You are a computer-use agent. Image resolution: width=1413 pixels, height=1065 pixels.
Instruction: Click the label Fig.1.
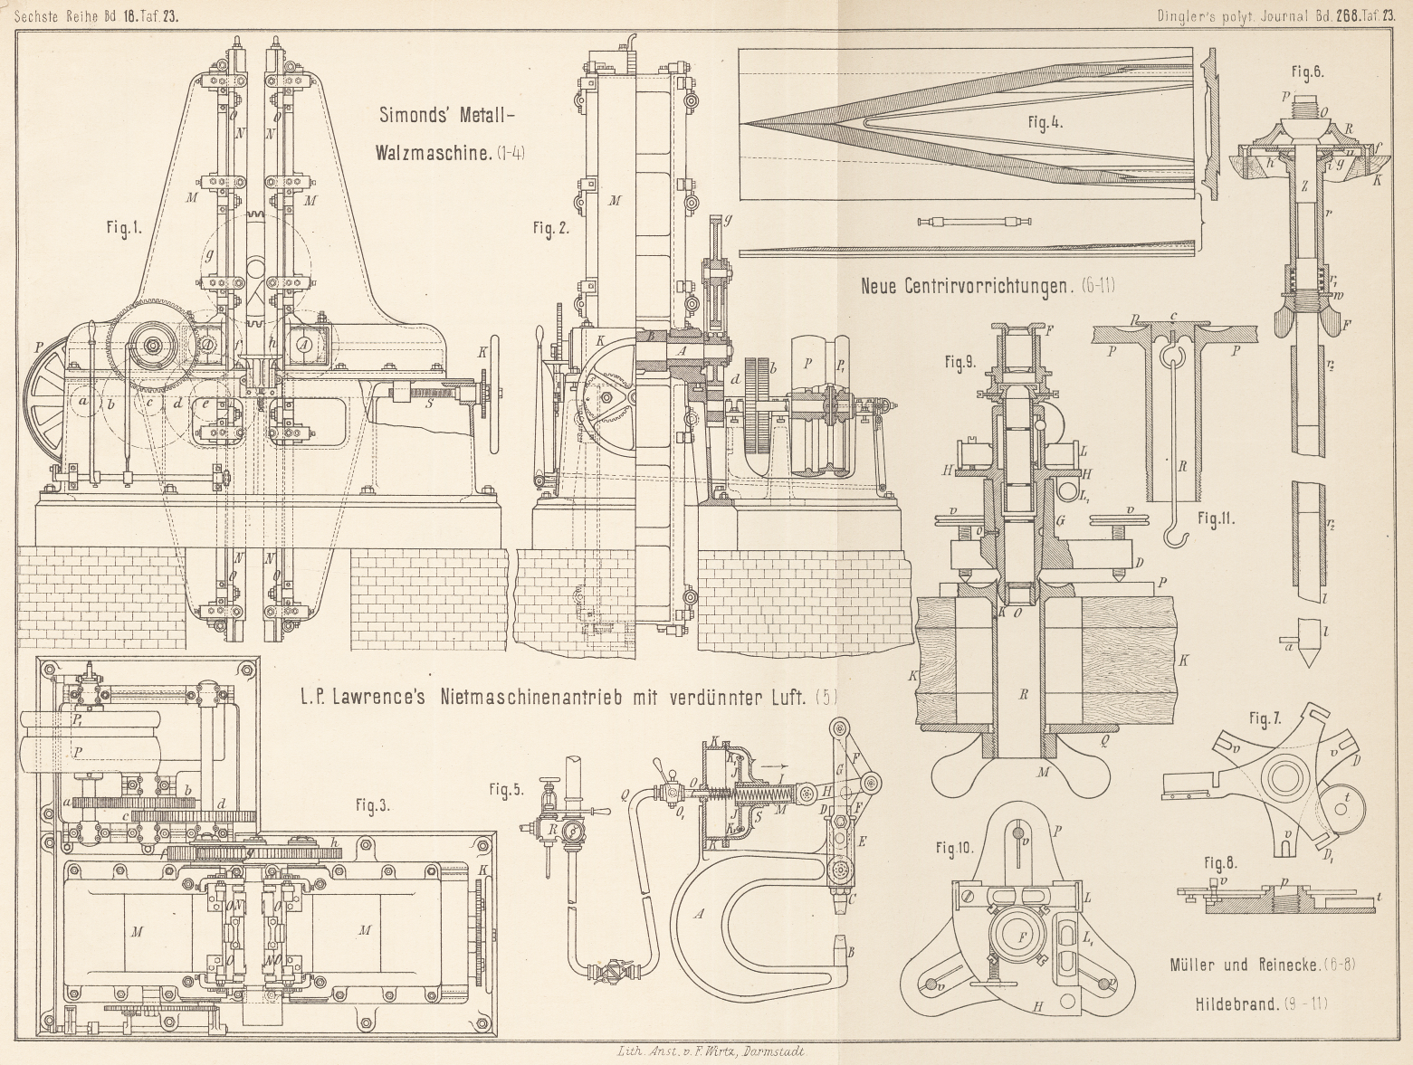point(124,230)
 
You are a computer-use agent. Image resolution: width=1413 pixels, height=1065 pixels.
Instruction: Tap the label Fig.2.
point(550,229)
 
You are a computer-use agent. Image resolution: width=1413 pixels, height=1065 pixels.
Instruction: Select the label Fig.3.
point(371,806)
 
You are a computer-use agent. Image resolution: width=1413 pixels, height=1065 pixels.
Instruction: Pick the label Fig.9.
point(960,364)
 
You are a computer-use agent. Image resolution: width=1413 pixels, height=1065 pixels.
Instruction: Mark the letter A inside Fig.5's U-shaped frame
point(699,915)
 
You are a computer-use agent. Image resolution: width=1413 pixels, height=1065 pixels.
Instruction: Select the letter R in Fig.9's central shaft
point(1023,696)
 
